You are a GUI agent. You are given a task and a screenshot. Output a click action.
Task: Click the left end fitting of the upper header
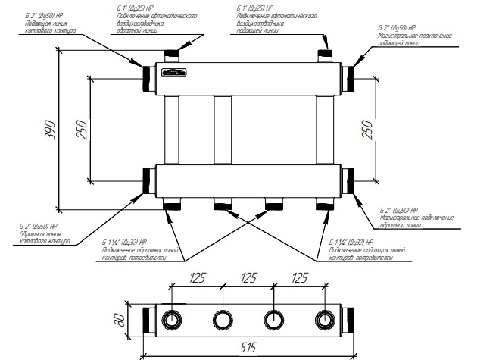point(146,76)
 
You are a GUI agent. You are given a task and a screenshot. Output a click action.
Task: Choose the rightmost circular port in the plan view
point(324,318)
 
